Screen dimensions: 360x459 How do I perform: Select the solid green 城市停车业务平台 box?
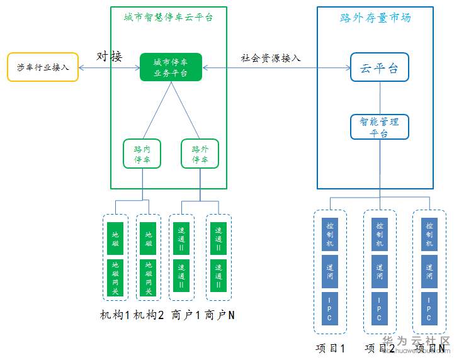click(x=171, y=67)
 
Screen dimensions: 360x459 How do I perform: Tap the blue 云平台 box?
click(x=379, y=68)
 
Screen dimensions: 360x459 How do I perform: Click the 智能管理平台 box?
click(x=379, y=127)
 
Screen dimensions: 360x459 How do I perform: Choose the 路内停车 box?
click(x=142, y=154)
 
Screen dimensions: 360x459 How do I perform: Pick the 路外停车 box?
click(x=200, y=154)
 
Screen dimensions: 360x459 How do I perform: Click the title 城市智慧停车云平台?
click(x=168, y=17)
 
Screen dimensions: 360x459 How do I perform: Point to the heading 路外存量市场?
click(x=375, y=18)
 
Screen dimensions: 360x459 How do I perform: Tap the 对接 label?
click(x=110, y=57)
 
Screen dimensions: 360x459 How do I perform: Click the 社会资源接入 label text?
click(x=271, y=58)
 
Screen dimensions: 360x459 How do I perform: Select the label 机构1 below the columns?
click(x=116, y=314)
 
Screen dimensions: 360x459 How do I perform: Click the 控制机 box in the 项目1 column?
click(x=330, y=234)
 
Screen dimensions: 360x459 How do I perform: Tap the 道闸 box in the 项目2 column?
click(x=379, y=271)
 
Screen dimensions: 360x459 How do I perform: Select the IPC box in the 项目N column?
click(x=429, y=308)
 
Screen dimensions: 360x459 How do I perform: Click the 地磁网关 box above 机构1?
click(x=115, y=277)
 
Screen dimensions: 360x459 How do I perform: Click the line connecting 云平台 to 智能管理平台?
click(x=380, y=98)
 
